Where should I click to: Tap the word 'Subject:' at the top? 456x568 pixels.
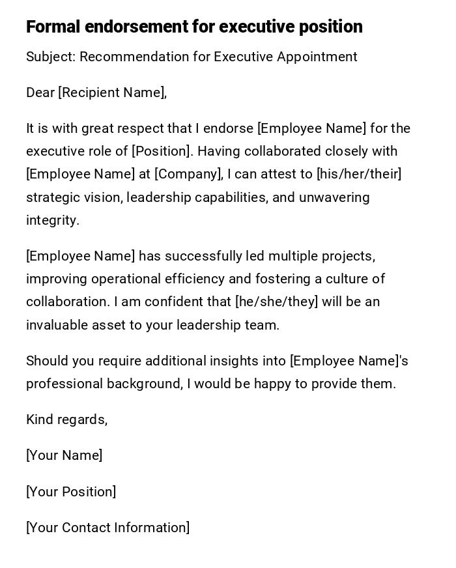point(51,57)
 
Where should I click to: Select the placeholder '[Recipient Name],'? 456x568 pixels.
point(113,92)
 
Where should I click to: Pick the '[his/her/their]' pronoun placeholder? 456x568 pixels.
point(359,174)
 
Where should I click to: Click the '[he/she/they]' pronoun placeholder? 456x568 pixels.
point(276,302)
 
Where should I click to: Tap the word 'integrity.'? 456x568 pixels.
point(53,220)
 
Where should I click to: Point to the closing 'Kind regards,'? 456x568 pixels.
point(66,419)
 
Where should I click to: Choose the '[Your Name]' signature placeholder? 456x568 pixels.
point(64,455)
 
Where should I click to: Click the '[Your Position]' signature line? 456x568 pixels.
point(71,492)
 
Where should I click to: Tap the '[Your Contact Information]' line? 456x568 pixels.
point(108,528)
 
